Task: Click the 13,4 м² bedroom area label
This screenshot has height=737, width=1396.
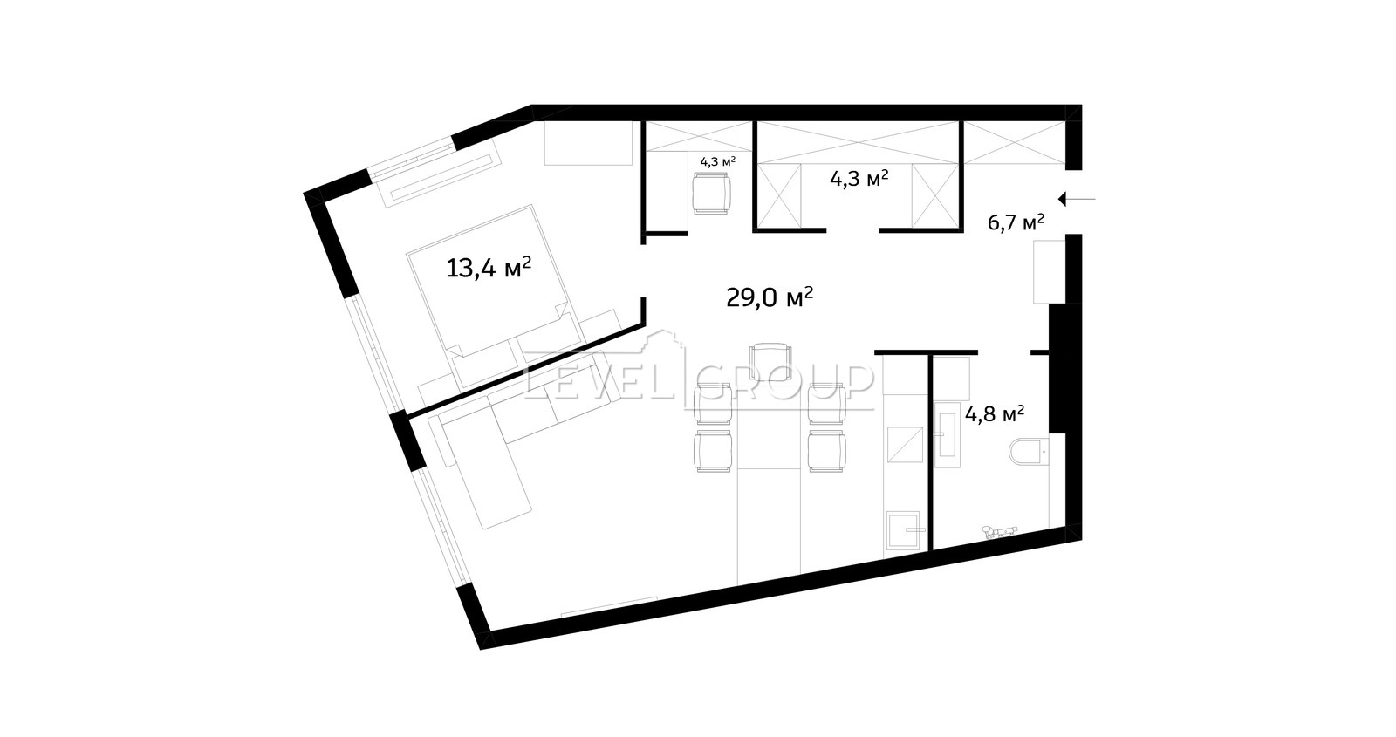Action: click(x=489, y=269)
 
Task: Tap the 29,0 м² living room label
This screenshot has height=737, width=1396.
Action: click(x=770, y=297)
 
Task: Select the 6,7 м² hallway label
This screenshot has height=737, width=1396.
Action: click(x=1016, y=222)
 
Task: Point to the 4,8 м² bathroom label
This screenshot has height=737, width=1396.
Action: click(x=995, y=414)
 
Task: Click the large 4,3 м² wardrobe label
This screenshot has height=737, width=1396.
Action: click(x=859, y=179)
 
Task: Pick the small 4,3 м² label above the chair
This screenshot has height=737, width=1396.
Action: click(x=718, y=162)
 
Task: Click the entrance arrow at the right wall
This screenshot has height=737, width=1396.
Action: click(x=1077, y=200)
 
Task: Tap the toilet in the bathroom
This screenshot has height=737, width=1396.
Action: click(x=1029, y=451)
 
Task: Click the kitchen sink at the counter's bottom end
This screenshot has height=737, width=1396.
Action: click(x=903, y=530)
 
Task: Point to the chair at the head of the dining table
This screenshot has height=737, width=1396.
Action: click(x=771, y=361)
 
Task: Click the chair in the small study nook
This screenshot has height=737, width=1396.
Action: click(x=711, y=194)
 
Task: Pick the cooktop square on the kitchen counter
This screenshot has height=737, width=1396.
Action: click(x=904, y=444)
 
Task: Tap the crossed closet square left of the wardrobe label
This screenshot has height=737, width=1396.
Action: click(x=779, y=195)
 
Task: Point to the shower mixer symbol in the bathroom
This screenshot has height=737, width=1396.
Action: click(x=1000, y=531)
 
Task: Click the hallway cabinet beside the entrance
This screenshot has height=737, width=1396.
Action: click(x=1049, y=271)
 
